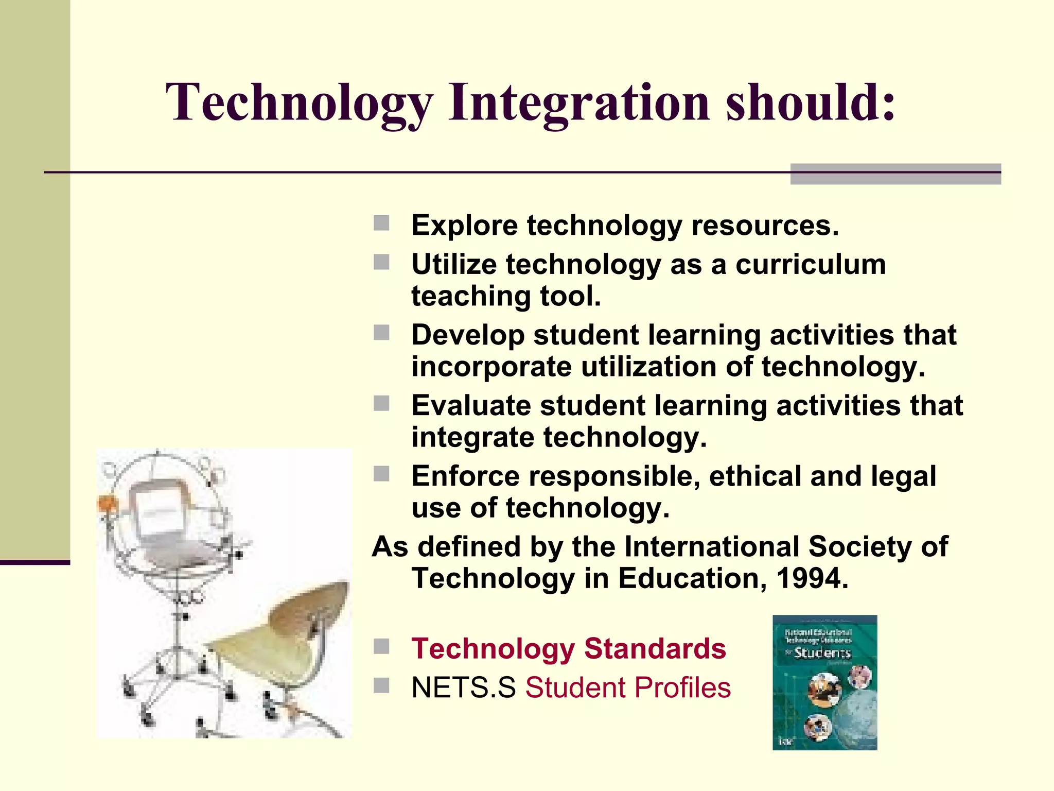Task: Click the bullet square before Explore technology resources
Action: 381,223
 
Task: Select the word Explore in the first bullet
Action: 465,226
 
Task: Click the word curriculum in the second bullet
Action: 811,265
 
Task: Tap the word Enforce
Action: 465,476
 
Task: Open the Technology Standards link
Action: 568,648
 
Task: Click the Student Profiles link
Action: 627,688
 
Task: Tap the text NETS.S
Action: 463,688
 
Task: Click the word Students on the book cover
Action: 822,653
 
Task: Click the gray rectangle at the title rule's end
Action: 895,174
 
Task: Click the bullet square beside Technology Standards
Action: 381,646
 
